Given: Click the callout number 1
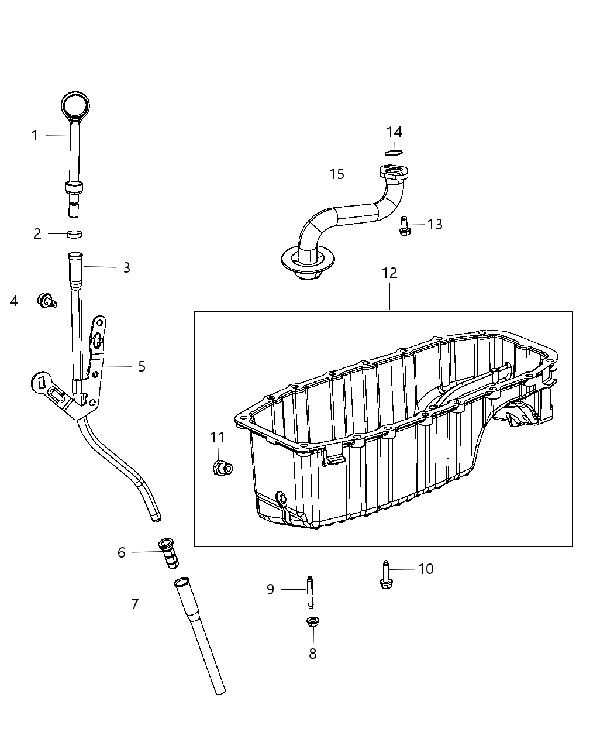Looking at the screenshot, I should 35,136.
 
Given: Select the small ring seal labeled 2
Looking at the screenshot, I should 74,234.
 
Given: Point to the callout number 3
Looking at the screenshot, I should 126,267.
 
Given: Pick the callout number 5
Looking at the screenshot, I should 142,366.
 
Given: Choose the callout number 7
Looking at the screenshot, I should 135,604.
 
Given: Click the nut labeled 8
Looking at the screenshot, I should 312,622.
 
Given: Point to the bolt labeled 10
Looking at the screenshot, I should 385,575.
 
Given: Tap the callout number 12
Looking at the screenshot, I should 389,273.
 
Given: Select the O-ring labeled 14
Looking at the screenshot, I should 395,153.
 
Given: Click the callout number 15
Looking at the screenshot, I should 336,174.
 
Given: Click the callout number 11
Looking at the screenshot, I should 217,437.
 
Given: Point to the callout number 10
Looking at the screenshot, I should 426,569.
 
